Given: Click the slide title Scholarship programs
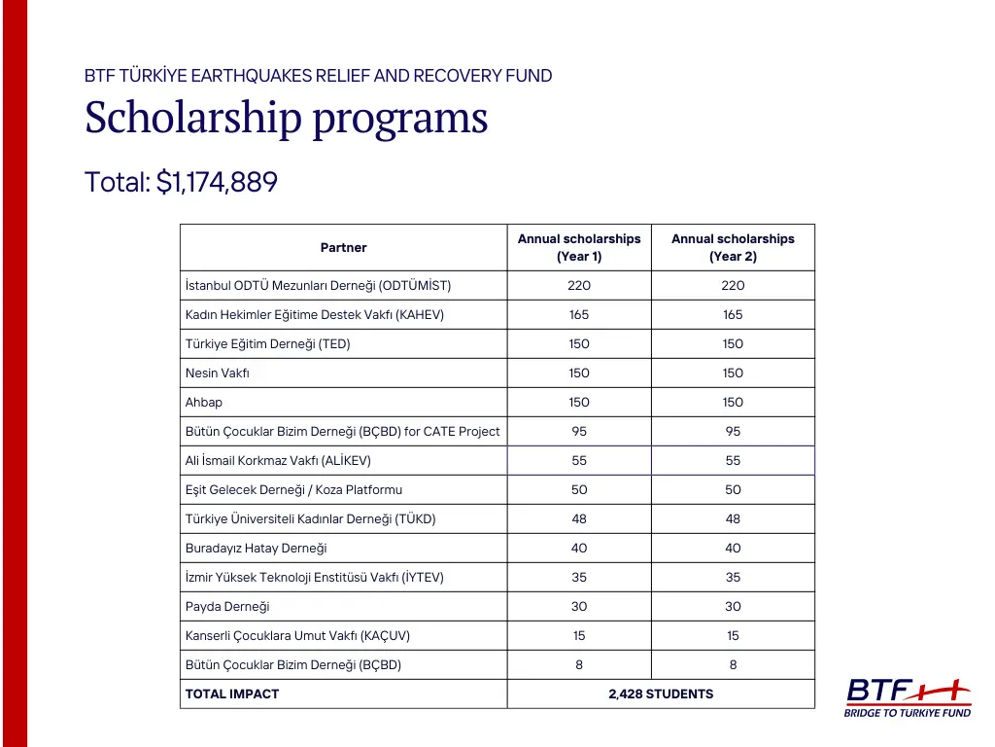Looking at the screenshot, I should tap(286, 119).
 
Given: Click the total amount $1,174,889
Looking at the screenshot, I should tap(181, 182).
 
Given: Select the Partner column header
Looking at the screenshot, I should tap(343, 248).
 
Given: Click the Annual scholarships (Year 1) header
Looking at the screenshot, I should tap(579, 248).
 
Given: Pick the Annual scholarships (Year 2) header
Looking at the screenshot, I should tap(733, 248).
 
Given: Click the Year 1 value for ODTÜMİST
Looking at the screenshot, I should tap(579, 286).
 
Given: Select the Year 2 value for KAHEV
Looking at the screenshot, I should tap(733, 315).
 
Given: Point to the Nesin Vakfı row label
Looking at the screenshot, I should tap(218, 373).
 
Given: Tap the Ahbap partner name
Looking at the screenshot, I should tap(204, 403).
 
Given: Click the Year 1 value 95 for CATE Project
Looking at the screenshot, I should tap(579, 432).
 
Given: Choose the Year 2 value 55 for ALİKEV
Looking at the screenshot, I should tap(733, 461).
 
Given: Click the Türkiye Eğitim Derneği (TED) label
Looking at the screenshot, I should tap(267, 344).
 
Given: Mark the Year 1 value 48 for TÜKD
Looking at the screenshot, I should tap(579, 519).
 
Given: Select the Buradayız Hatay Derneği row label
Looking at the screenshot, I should tap(256, 549).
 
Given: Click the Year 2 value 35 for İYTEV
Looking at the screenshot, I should tap(733, 578).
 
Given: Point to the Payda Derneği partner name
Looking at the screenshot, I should tap(227, 607).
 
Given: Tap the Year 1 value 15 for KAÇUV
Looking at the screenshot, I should tap(579, 636).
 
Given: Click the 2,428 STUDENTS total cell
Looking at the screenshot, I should tap(661, 694).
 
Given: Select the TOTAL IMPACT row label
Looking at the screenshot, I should tap(232, 694).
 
